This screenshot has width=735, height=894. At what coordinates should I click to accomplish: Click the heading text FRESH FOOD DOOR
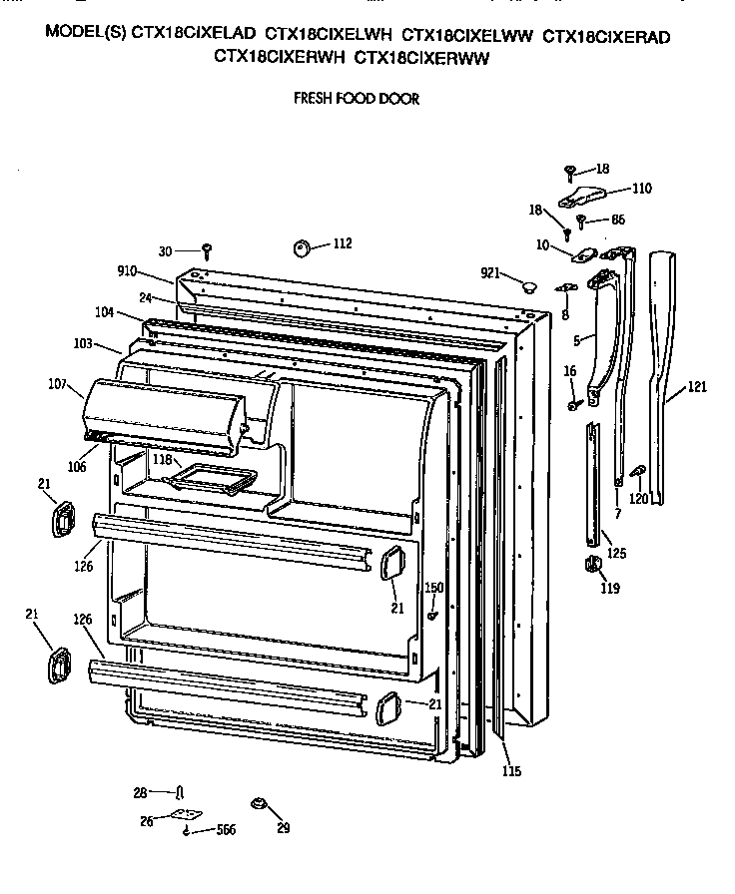(x=355, y=99)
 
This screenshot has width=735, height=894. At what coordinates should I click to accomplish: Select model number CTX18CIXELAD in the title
(x=191, y=36)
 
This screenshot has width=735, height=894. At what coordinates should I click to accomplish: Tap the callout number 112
(x=342, y=242)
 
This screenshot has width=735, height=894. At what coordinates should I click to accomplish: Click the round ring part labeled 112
(x=303, y=245)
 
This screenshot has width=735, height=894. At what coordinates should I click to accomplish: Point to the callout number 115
(x=510, y=770)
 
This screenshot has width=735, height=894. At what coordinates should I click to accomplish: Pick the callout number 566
(x=227, y=831)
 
